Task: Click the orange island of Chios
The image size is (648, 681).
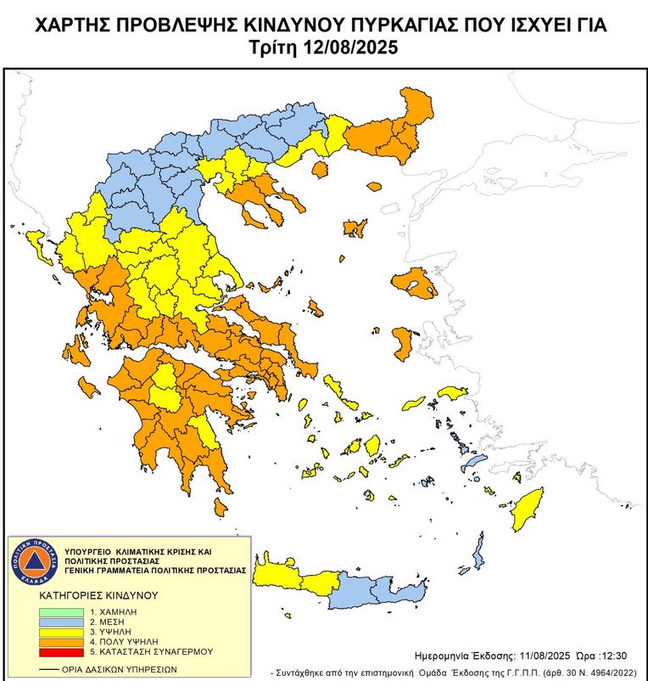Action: pos(404,342)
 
